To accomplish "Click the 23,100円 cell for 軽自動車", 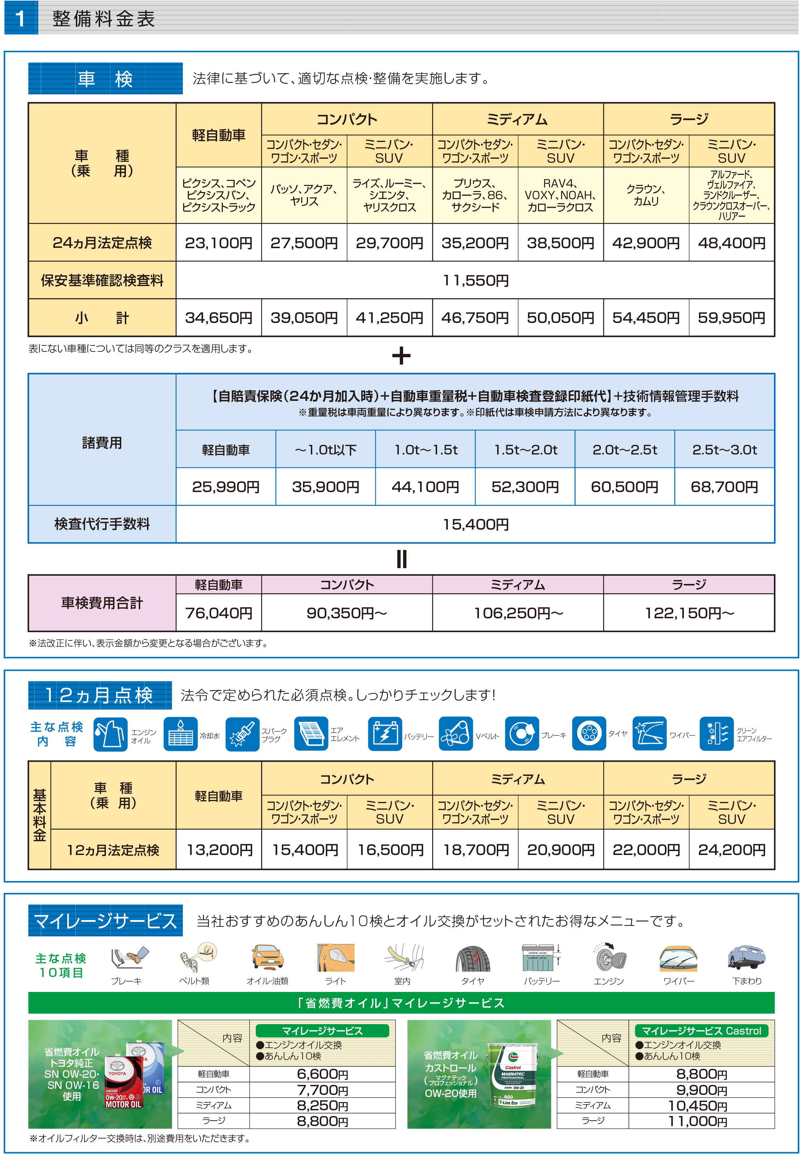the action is click(x=218, y=243).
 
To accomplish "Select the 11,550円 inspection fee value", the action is click(x=475, y=280).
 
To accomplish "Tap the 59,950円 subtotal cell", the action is click(x=731, y=318).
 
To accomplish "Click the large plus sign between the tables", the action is click(x=401, y=356).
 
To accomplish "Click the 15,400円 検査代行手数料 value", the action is click(x=475, y=525).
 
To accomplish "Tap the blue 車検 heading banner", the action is click(x=105, y=78).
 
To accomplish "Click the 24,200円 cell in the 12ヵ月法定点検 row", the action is click(x=731, y=850).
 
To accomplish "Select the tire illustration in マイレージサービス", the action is click(x=473, y=958).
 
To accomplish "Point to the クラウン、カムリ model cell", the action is click(x=646, y=195).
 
